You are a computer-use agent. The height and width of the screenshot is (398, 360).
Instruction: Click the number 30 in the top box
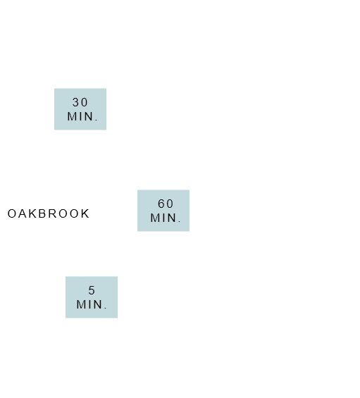(x=80, y=103)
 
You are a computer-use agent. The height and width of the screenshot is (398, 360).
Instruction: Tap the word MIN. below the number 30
(x=82, y=116)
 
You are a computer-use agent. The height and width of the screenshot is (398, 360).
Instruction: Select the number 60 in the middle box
(x=166, y=204)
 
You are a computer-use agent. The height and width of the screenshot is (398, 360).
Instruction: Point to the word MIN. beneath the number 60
(x=166, y=218)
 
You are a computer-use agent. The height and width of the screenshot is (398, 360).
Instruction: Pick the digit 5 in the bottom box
(x=92, y=290)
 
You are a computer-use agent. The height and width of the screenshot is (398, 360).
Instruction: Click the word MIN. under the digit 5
(x=92, y=304)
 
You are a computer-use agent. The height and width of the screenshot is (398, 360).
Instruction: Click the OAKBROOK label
(x=48, y=213)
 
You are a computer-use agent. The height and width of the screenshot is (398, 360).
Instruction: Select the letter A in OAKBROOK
(x=23, y=213)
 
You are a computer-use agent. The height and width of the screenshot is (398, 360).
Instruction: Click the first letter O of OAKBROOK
(x=12, y=213)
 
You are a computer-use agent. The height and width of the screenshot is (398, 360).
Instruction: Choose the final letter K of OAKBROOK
(x=85, y=213)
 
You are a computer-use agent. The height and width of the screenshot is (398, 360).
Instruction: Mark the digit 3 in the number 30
(x=76, y=103)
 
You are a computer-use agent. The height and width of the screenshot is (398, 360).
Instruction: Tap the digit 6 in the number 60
(x=161, y=204)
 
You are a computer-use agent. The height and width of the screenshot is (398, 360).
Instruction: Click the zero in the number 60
(x=170, y=204)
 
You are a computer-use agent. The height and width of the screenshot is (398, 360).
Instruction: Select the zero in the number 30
(x=85, y=103)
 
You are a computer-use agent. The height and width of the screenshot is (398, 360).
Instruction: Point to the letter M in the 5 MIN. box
(x=81, y=304)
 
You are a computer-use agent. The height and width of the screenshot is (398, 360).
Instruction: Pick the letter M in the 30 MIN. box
(x=72, y=116)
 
